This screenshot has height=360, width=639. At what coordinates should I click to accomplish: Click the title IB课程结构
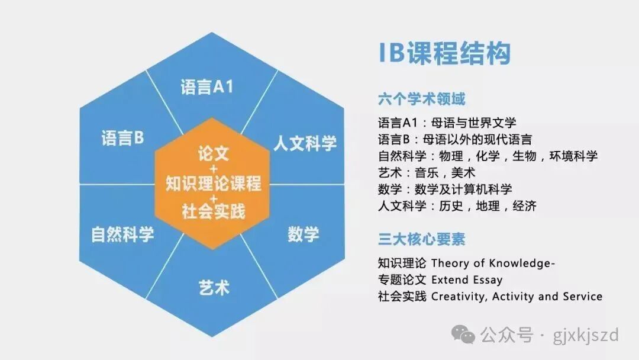pos(444,53)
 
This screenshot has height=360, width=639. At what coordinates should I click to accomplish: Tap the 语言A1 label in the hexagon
pos(207,87)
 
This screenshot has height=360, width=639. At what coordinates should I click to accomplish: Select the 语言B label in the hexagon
pos(122,138)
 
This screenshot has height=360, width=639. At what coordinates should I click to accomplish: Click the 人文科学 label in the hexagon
pos(305,143)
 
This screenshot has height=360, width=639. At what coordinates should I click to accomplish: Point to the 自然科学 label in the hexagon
pos(122,234)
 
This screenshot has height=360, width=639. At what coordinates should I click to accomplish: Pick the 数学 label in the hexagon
pos(303,234)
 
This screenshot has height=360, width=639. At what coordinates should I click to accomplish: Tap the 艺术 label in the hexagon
pos(214,287)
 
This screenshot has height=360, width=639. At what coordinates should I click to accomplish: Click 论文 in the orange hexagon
pos(214,154)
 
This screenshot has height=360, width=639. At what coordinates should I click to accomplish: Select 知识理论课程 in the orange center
pos(213,183)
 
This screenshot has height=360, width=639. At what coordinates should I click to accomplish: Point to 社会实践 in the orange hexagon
pos(214,211)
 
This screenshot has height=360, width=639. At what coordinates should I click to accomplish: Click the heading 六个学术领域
pos(422,99)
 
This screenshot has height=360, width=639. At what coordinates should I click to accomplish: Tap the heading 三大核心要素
pos(422,239)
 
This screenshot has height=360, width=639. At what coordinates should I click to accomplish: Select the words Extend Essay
pos(467,280)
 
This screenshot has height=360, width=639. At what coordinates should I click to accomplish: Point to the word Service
pos(582,297)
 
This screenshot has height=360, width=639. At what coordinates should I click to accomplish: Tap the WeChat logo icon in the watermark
pos(463,335)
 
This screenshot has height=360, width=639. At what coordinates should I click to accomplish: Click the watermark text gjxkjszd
pos(586,336)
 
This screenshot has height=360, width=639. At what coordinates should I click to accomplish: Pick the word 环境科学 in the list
pos(573,156)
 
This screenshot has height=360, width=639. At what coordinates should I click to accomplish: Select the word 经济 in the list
pos(524,206)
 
